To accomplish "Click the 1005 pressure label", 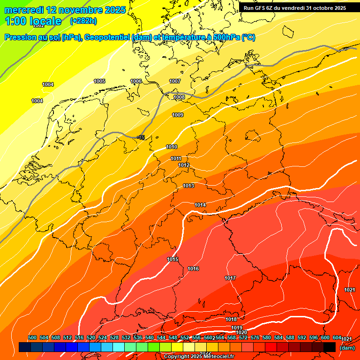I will (99, 81).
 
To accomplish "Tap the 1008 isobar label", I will (179, 97).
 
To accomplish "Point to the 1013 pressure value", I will (188, 186).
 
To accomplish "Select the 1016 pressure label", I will (193, 269).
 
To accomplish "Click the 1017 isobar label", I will (230, 278).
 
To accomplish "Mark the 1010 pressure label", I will (172, 147).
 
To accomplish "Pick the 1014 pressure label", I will (200, 205).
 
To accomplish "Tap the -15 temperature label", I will (141, 137).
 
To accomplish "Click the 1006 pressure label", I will (136, 81).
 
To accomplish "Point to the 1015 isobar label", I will (172, 259).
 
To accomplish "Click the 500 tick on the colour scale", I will (32, 337).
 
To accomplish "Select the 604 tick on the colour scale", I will (337, 337).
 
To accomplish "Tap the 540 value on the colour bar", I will (150, 337).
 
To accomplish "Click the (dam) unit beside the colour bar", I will (347, 348).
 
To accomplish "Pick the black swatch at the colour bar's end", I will (330, 347).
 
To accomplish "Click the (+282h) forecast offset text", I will (83, 21).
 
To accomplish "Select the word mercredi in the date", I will (24, 10).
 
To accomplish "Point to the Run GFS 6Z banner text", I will (295, 8).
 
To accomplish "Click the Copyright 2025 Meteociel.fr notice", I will (199, 357).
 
